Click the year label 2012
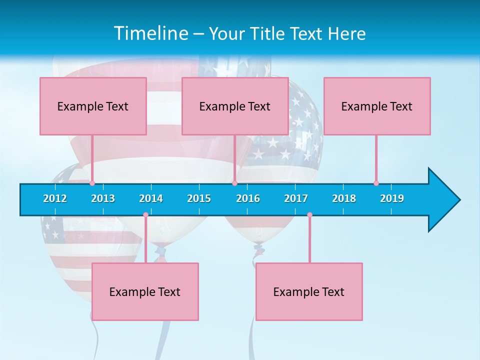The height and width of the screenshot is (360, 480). [x=55, y=198]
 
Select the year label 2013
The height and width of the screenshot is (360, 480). [x=103, y=198]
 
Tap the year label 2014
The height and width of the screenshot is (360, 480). [x=151, y=198]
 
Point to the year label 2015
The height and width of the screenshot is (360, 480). [x=199, y=198]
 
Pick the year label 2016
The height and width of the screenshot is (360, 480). [x=248, y=198]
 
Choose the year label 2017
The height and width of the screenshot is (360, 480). [x=296, y=198]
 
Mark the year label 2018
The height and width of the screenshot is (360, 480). [x=344, y=198]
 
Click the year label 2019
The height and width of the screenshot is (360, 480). [x=392, y=198]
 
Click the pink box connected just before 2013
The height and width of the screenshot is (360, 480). [x=93, y=106]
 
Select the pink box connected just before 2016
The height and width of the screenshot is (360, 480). [x=235, y=106]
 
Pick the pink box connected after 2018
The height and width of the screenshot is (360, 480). [x=377, y=106]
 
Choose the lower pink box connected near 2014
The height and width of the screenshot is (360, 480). [x=145, y=291]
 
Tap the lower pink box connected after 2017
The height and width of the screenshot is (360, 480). [x=309, y=291]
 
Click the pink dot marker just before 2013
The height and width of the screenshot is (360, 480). [x=92, y=183]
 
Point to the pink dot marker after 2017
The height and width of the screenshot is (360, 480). [x=309, y=215]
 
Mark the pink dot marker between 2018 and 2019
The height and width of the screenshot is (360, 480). [x=376, y=183]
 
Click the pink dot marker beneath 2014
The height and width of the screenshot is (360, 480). [x=145, y=215]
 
